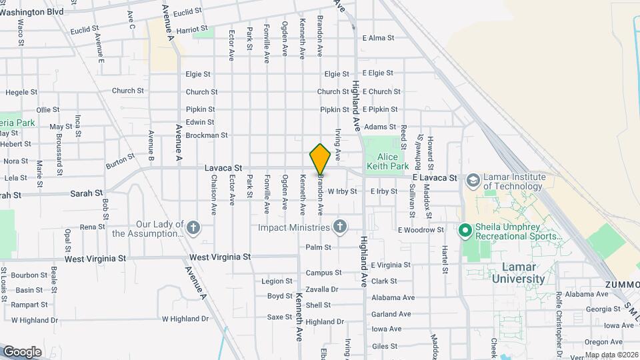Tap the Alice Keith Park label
click(387, 162)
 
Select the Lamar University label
click(519, 273)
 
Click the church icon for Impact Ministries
click(340, 227)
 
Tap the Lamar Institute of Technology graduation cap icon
click(473, 181)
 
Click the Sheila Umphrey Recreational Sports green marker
click(465, 231)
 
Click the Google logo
click(23, 351)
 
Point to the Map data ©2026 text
click(609, 355)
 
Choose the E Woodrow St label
click(421, 230)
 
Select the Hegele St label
click(20, 93)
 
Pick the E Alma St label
click(378, 38)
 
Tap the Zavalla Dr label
click(323, 289)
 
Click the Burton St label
click(120, 161)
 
